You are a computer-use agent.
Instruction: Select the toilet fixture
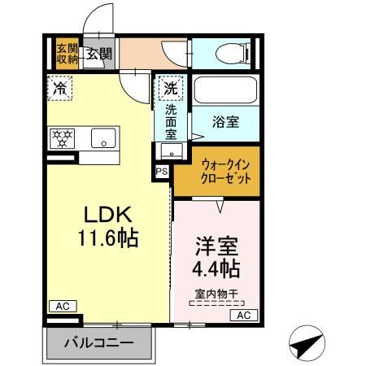[x=233, y=54]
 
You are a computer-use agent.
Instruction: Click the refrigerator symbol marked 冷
[x=59, y=88]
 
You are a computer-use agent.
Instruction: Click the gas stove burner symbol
[x=63, y=139]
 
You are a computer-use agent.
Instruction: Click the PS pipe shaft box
[x=162, y=172]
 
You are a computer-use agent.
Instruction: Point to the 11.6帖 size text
[x=108, y=238]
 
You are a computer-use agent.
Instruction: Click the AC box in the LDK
[x=60, y=307]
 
